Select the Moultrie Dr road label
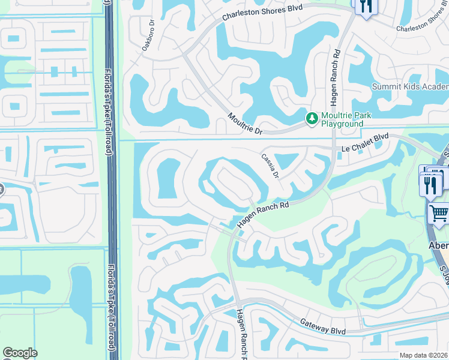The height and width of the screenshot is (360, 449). (246, 123)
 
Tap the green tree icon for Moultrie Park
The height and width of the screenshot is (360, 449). (312, 119)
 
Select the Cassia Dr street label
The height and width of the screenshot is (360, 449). (270, 165)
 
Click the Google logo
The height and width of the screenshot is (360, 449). (20, 353)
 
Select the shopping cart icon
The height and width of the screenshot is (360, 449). (439, 213)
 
